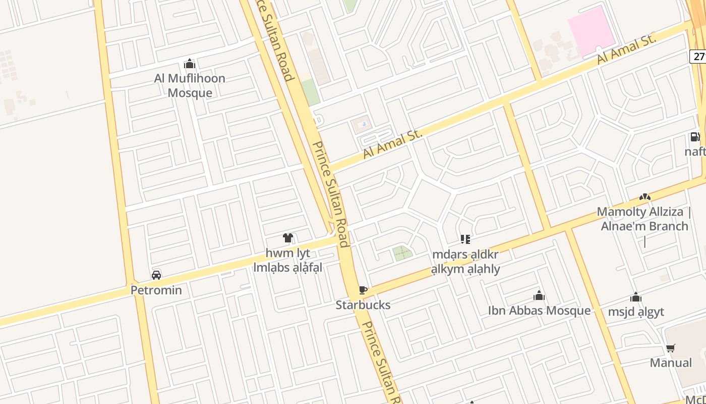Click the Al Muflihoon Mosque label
(x=190, y=85)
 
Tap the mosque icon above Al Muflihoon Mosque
(x=190, y=64)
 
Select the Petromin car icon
(x=156, y=275)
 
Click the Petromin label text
(x=156, y=290)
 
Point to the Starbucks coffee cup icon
(x=363, y=290)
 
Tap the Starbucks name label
(x=363, y=305)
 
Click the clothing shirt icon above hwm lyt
(x=288, y=238)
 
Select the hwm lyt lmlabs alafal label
(x=288, y=260)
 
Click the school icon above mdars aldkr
(x=465, y=239)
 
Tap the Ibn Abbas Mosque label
(x=539, y=310)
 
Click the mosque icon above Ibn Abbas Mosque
(x=539, y=295)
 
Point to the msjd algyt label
(x=636, y=312)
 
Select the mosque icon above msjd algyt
(x=636, y=297)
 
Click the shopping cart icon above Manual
(x=671, y=348)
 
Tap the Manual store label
(x=671, y=363)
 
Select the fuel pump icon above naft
(x=695, y=137)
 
